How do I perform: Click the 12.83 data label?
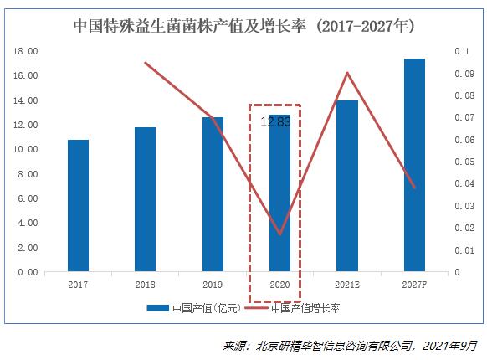pos(276,121)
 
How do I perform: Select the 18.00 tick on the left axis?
pos(27,51)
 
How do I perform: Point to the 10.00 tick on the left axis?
pos(27,149)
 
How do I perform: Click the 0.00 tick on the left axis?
pos(28,272)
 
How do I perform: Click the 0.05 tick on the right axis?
pos(461,162)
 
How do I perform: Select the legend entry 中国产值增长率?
pos(305,308)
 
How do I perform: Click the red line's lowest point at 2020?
pos(279,234)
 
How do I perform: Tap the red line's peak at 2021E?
pos(347,73)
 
